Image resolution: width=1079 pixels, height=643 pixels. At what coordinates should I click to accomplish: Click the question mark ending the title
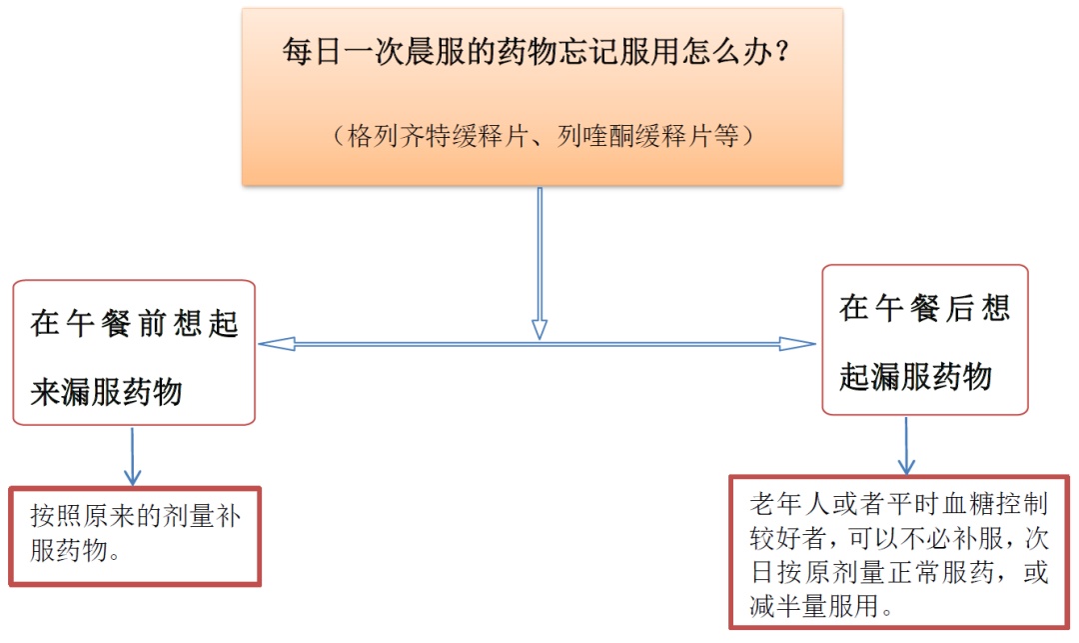point(781,52)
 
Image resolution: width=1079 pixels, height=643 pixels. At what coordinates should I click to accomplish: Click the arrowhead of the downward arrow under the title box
point(539,329)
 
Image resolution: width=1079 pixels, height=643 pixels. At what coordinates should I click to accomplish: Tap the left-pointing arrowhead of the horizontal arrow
point(277,344)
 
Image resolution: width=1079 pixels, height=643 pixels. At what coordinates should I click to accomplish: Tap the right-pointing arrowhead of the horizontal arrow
point(797,344)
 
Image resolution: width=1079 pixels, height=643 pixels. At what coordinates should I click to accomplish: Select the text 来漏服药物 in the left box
point(106,392)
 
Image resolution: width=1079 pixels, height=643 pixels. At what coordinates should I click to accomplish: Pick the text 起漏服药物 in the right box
point(915,377)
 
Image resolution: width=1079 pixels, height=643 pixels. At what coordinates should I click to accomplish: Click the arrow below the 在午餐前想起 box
point(132,456)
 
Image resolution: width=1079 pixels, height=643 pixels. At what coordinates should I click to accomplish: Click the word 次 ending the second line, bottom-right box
point(1036,538)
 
